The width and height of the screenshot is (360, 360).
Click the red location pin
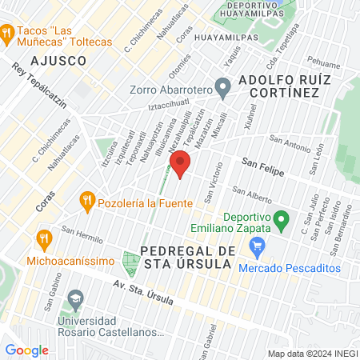[x=181, y=163]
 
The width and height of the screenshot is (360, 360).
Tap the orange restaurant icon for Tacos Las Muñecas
[x=7, y=33]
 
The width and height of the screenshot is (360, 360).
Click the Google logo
[x=26, y=350]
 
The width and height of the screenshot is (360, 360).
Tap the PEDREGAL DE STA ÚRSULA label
[x=187, y=258]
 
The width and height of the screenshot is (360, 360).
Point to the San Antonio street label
[x=289, y=145]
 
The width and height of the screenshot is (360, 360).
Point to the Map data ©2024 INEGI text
[x=311, y=354]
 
